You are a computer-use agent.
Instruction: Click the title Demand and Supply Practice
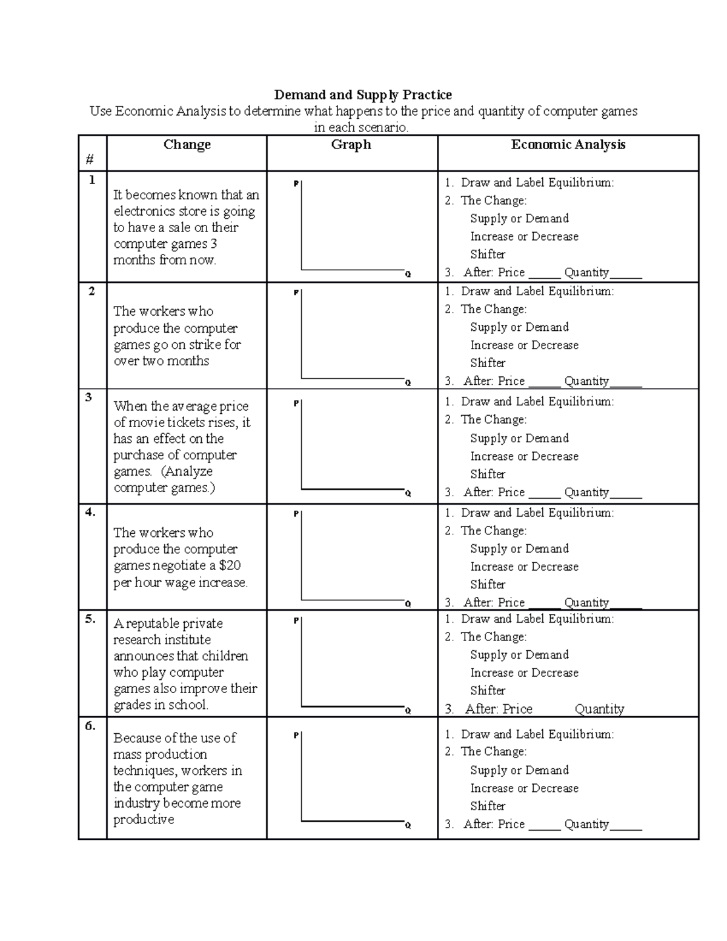(x=363, y=95)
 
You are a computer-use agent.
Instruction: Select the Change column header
(x=187, y=144)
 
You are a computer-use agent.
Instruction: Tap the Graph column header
(x=351, y=144)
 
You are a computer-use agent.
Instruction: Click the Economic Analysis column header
(x=568, y=144)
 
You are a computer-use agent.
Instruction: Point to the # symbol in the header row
(x=90, y=159)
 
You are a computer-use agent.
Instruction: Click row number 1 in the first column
(x=92, y=180)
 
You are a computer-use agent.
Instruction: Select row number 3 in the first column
(x=89, y=397)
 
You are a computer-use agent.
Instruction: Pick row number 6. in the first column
(x=90, y=725)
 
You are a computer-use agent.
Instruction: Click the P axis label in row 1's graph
(x=296, y=184)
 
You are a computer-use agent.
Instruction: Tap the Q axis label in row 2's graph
(x=408, y=383)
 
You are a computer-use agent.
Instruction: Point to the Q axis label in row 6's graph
(x=408, y=825)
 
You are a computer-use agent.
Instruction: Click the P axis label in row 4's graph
(x=296, y=514)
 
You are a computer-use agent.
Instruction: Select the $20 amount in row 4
(x=230, y=565)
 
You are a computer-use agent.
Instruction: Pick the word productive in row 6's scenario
(x=144, y=819)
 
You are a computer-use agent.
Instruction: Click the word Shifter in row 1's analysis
(x=488, y=254)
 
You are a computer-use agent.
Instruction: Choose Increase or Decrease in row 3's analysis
(x=524, y=456)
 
